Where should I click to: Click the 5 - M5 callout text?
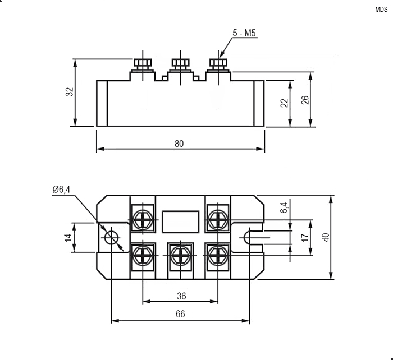(244, 33)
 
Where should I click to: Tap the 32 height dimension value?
(70, 91)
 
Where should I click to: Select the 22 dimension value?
(284, 103)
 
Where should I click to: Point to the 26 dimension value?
(305, 100)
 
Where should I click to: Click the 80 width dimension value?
(179, 144)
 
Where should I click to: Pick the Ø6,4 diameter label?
(61, 190)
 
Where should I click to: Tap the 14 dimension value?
(68, 238)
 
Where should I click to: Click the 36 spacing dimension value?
(181, 296)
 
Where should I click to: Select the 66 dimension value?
(180, 314)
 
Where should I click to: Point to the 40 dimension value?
(326, 237)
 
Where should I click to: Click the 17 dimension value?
(305, 237)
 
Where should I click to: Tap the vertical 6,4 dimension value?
(284, 207)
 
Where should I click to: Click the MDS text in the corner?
(381, 10)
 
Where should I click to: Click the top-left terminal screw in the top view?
(143, 220)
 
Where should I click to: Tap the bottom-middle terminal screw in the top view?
(181, 255)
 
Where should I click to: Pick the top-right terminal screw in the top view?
(218, 220)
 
